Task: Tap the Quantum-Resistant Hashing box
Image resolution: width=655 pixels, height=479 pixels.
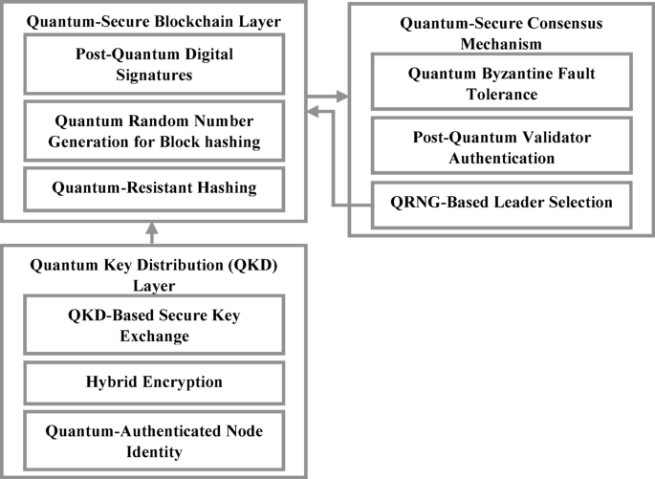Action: (x=154, y=188)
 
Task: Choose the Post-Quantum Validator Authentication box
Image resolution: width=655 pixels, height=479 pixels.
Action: (x=501, y=145)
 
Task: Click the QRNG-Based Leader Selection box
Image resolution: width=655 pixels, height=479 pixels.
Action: (x=501, y=202)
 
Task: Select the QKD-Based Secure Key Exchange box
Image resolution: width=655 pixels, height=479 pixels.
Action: (x=154, y=326)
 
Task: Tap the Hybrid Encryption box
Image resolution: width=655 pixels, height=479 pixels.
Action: (x=154, y=382)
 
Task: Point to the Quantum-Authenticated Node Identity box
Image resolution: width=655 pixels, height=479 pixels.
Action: (x=154, y=440)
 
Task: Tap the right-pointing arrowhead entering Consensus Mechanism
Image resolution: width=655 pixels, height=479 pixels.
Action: (x=343, y=96)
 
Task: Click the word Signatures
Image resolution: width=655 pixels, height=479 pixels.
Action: (x=154, y=76)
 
